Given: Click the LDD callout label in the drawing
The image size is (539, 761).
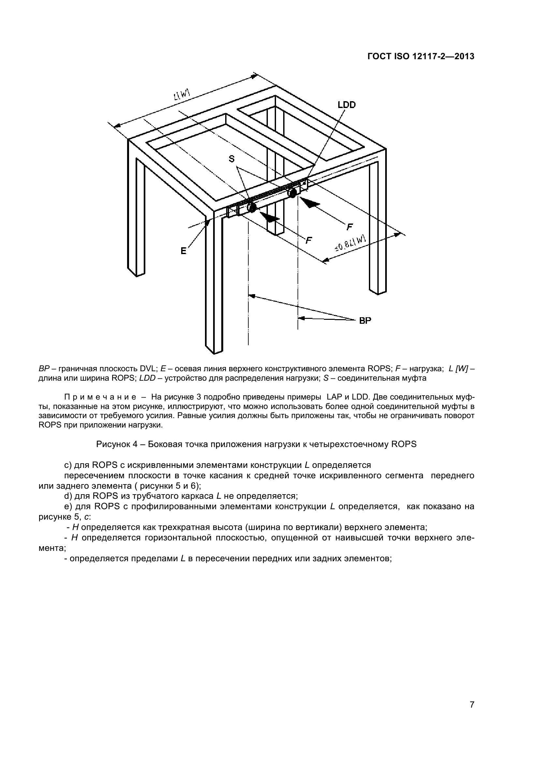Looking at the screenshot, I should (346, 105).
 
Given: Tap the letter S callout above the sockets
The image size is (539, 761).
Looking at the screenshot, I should (232, 159).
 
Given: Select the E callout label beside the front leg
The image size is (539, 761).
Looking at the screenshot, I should (183, 251).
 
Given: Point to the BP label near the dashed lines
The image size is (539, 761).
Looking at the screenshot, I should (365, 320).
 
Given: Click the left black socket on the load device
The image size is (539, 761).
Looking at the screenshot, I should (252, 208).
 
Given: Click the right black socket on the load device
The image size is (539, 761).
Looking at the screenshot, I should (292, 193).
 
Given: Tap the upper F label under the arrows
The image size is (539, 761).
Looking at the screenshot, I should (349, 227).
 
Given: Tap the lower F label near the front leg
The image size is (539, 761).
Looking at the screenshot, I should (309, 240).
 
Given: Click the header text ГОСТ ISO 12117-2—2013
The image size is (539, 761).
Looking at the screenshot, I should (421, 57).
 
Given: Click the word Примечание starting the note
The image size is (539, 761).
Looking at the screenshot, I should (100, 397).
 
